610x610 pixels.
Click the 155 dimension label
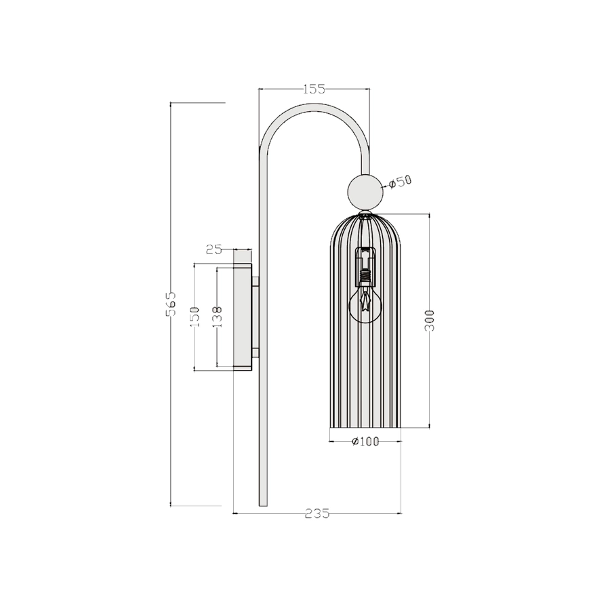pyautogui.click(x=314, y=89)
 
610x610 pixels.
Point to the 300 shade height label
pyautogui.click(x=429, y=320)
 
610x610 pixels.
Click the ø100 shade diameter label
pyautogui.click(x=365, y=441)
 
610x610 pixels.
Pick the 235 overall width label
pyautogui.click(x=317, y=514)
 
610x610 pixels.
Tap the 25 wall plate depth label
pyautogui.click(x=214, y=249)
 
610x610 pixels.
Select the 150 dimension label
pyautogui.click(x=195, y=317)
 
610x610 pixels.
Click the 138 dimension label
pyautogui.click(x=218, y=317)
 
